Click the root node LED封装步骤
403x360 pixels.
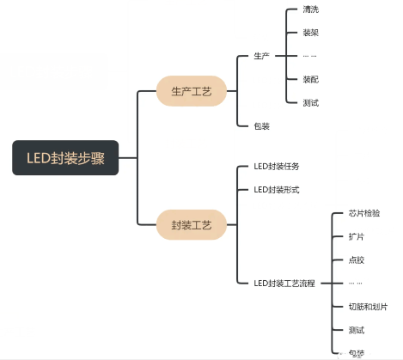tap(65, 158)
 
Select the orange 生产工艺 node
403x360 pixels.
tap(191, 90)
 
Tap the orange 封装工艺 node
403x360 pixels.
tap(191, 225)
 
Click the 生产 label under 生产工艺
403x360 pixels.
tap(262, 56)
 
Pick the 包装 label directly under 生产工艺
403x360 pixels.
tap(262, 125)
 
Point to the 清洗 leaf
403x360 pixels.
tap(311, 9)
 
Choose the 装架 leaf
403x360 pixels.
tap(311, 33)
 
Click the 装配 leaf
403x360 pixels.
tap(311, 79)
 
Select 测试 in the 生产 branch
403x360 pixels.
tap(311, 102)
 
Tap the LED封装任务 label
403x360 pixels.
tap(277, 166)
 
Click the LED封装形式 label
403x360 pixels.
tap(277, 189)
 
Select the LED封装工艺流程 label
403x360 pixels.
tap(284, 283)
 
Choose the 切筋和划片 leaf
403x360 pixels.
tap(368, 306)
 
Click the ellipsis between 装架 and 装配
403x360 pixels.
tap(309, 56)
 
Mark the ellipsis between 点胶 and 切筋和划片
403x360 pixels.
tap(356, 283)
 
